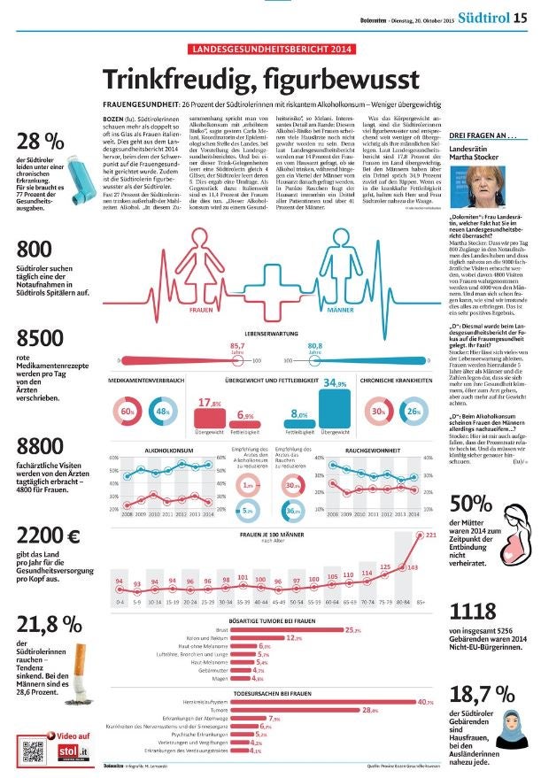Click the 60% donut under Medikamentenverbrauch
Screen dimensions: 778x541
coord(127,412)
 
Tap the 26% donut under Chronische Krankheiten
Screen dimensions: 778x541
coord(413,412)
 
